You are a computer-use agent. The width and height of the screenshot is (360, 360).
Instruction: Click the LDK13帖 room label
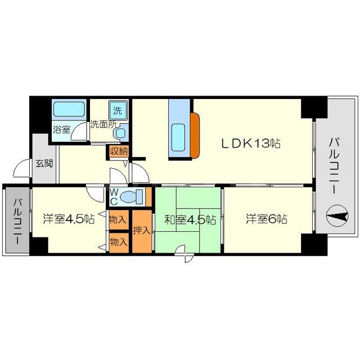pyautogui.click(x=250, y=143)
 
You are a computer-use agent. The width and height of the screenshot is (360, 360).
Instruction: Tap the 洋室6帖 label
pyautogui.click(x=267, y=219)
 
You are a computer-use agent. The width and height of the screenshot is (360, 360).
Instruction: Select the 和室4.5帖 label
pyautogui.click(x=190, y=220)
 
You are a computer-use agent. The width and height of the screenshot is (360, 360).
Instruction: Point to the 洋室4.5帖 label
pyautogui.click(x=69, y=219)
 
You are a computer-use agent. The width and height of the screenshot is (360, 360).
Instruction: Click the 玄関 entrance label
pyautogui.click(x=44, y=164)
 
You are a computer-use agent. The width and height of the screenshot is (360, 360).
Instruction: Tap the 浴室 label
pyautogui.click(x=61, y=130)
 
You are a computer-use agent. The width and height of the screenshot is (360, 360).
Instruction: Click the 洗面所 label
pyautogui.click(x=103, y=124)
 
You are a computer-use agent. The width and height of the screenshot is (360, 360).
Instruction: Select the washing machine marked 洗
pyautogui.click(x=118, y=110)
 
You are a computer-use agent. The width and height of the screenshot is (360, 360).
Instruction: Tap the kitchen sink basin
pyautogui.click(x=178, y=137)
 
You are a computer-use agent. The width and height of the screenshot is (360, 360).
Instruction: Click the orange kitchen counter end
pyautogui.click(x=195, y=136)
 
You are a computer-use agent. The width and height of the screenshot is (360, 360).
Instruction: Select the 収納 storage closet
pyautogui.click(x=119, y=151)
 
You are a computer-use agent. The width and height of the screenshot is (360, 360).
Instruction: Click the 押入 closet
pyautogui.click(x=142, y=231)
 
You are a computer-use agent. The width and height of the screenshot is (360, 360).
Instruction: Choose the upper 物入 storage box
pyautogui.click(x=119, y=220)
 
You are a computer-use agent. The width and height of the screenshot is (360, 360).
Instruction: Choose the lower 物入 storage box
pyautogui.click(x=119, y=242)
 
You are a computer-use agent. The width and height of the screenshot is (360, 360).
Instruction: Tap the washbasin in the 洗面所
pyautogui.click(x=120, y=133)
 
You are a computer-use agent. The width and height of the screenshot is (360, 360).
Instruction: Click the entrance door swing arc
pyautogui.click(x=20, y=165)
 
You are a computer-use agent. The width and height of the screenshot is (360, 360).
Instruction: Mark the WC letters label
pyautogui.click(x=114, y=197)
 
